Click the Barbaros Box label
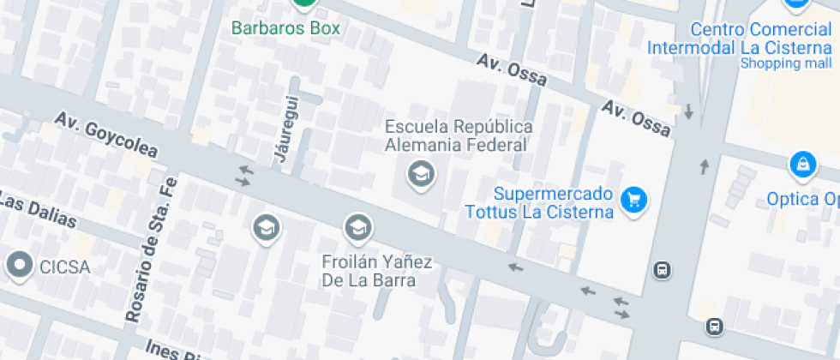(285, 28)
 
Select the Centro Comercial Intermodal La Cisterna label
(740, 39)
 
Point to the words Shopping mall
(785, 63)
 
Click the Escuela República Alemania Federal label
(459, 135)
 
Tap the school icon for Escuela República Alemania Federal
(421, 175)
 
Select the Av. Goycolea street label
(106, 135)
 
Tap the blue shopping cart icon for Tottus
(634, 201)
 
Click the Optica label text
(802, 200)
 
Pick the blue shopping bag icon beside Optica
(802, 164)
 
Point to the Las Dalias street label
(38, 211)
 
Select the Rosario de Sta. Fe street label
(151, 249)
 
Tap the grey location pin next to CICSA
(19, 266)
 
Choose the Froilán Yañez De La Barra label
(376, 270)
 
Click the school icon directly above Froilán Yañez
(357, 228)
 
